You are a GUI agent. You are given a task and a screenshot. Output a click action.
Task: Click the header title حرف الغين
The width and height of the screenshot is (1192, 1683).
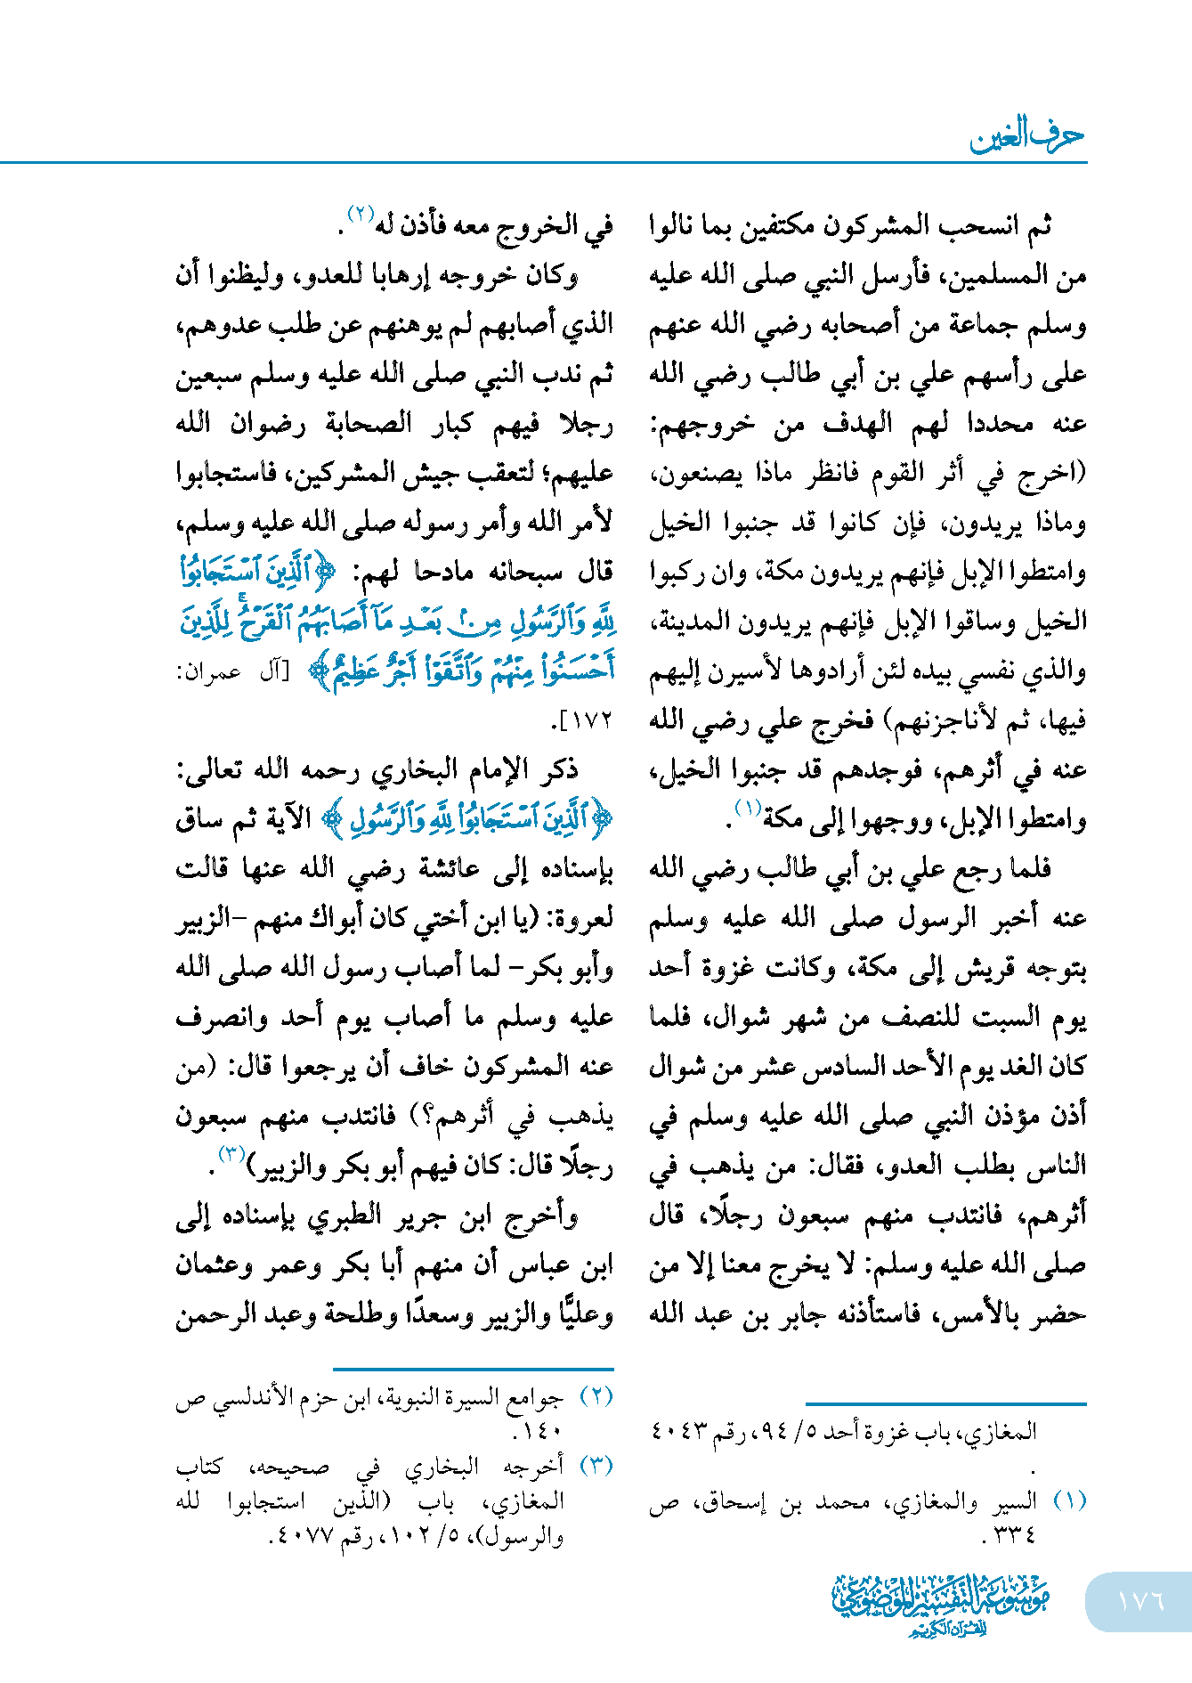click(1026, 135)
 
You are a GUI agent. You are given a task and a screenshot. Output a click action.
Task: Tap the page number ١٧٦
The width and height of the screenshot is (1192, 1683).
click(1140, 1600)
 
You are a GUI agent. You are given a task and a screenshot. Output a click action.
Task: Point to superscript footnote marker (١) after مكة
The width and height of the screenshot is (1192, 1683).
click(746, 809)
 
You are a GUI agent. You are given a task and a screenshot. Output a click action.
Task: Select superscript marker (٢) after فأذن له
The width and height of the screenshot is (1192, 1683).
click(361, 214)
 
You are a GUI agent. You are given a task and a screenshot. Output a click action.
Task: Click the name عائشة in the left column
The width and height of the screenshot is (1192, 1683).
click(457, 868)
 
